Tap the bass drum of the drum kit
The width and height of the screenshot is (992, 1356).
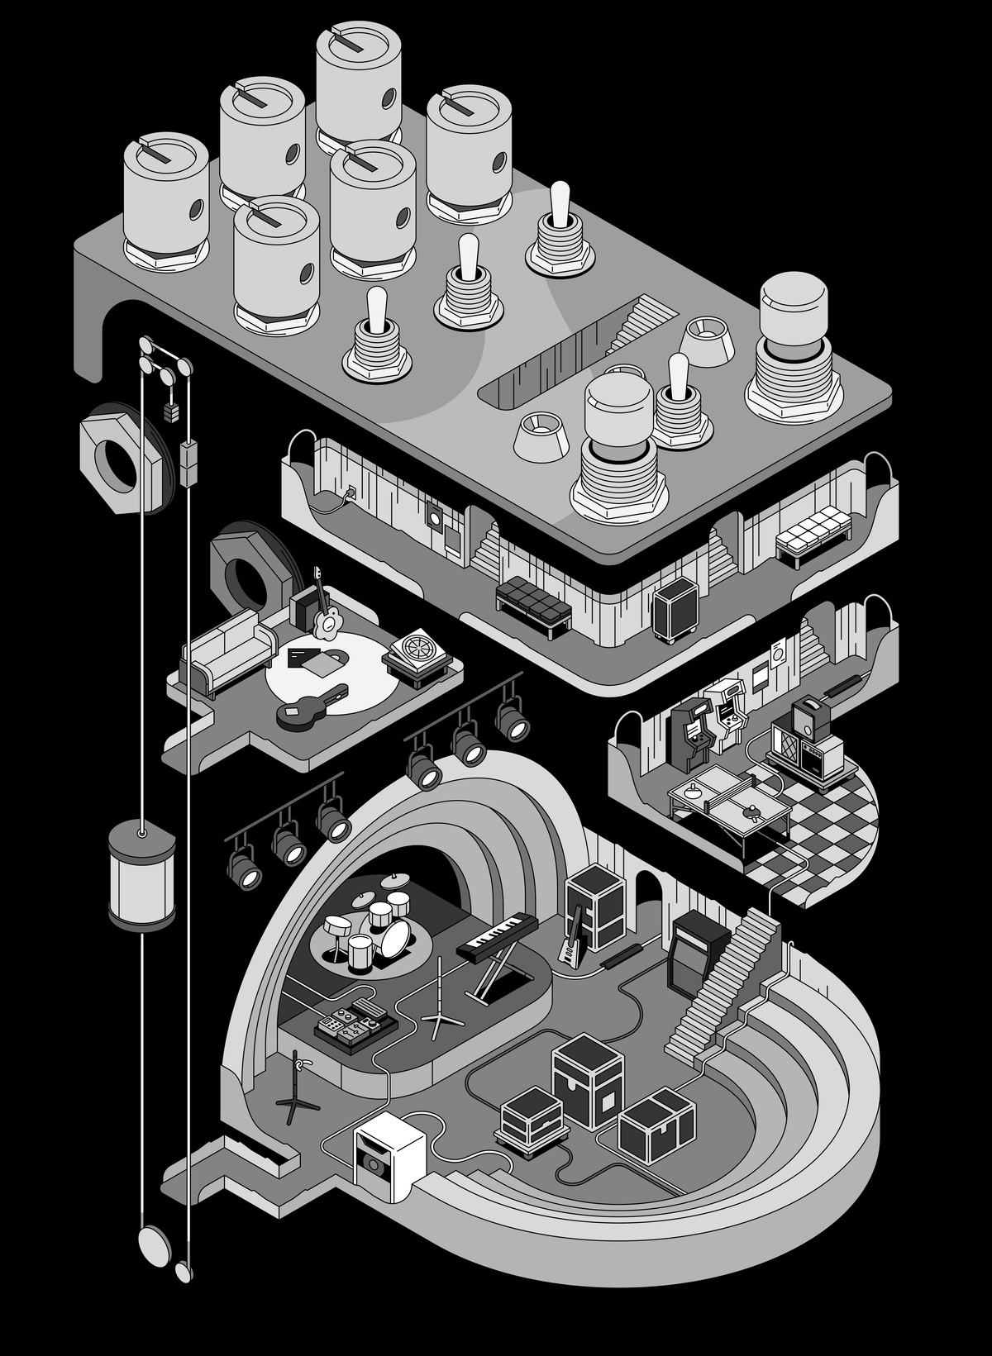point(396,936)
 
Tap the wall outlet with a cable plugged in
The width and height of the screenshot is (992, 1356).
point(351,493)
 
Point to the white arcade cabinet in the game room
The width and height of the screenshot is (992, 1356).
point(726,708)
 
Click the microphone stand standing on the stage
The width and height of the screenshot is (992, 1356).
point(440,997)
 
